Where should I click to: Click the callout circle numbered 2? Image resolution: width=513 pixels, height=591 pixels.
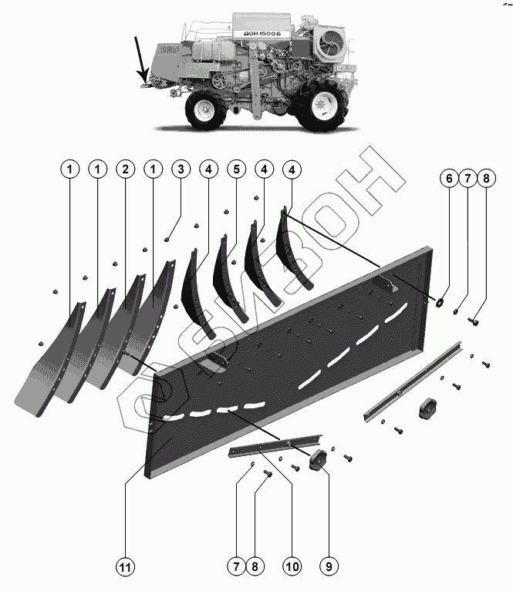click(x=124, y=169)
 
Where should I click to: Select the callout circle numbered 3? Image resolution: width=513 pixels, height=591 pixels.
click(x=180, y=169)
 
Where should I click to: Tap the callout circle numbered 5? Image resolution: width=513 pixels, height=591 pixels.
click(x=235, y=169)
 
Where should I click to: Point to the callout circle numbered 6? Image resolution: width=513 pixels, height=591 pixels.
click(x=448, y=180)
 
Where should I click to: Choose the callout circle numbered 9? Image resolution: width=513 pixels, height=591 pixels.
click(x=328, y=566)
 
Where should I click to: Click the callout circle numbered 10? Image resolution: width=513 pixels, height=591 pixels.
click(x=291, y=566)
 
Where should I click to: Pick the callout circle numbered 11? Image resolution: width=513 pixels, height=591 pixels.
click(x=124, y=566)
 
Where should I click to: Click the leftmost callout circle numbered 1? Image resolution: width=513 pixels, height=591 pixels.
click(x=69, y=169)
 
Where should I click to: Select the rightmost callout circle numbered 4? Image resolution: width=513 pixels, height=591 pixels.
click(x=291, y=169)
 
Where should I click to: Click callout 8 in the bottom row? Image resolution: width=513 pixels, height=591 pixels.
click(x=254, y=566)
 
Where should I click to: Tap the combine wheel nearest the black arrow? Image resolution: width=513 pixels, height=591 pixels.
click(x=205, y=109)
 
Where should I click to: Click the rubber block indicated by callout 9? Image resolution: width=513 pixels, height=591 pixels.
click(x=317, y=461)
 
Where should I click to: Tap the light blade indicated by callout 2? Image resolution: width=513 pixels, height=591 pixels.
click(x=116, y=331)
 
